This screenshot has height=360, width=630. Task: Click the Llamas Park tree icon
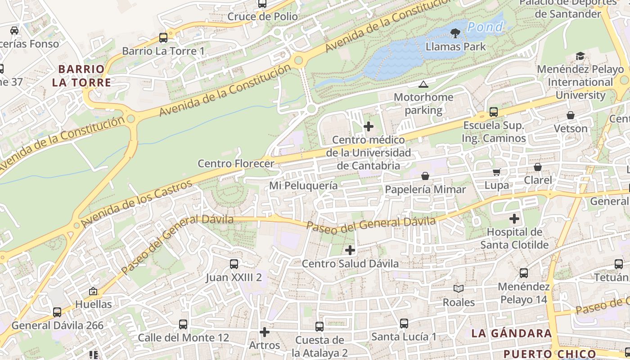455,33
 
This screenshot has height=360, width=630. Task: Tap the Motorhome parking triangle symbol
423,84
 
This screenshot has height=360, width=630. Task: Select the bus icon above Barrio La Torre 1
163,38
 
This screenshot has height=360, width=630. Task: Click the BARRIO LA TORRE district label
81,76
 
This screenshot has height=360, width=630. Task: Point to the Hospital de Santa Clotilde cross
514,219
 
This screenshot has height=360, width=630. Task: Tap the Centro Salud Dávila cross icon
350,250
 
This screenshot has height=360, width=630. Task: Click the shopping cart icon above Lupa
497,171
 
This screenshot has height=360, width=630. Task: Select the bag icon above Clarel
538,167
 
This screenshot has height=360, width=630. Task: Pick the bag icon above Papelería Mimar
425,176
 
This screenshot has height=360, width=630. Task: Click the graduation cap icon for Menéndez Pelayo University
580,56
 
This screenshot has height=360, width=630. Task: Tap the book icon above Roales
459,288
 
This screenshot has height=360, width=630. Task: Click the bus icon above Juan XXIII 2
234,264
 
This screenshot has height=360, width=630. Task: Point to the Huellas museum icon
93,291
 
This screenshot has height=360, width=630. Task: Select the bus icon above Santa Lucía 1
404,323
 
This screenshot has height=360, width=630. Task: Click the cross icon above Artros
265,332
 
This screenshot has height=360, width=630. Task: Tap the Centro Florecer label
236,163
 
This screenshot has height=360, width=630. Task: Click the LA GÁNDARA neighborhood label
512,333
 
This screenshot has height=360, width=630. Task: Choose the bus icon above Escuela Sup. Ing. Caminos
494,112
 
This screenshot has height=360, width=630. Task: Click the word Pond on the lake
485,27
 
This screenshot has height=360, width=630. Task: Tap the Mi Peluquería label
303,185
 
